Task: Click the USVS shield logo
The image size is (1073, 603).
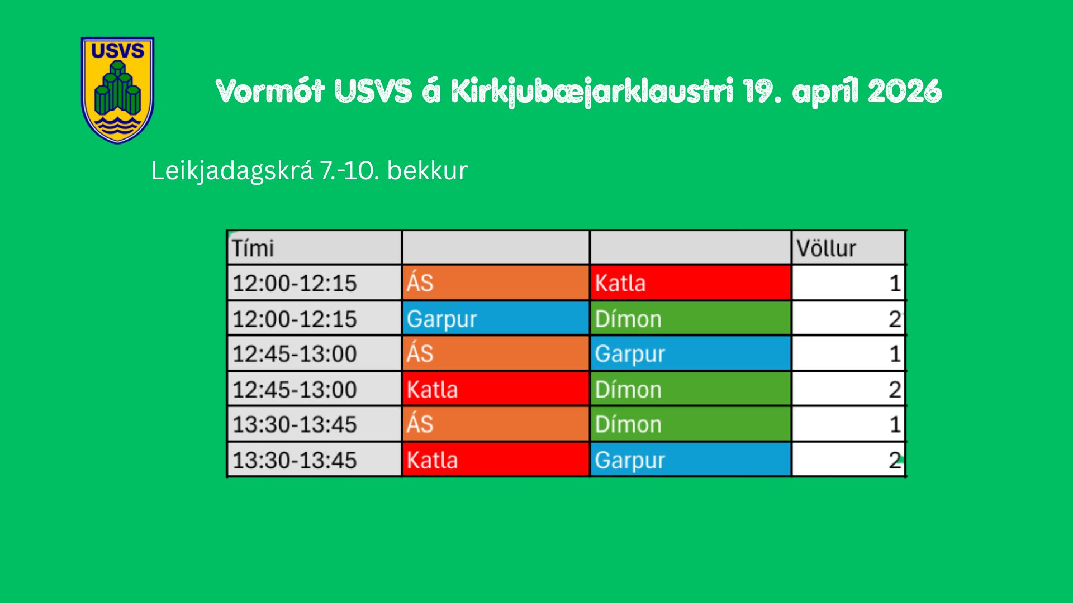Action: [x=117, y=90]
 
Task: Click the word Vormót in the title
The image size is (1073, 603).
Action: [x=270, y=91]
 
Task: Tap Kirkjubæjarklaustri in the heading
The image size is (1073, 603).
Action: [x=592, y=92]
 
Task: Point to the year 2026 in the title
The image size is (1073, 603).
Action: [x=905, y=91]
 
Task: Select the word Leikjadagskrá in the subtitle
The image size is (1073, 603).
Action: [x=232, y=170]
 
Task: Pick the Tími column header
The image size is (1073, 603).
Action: [x=315, y=247]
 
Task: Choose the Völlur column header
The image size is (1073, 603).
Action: [x=848, y=247]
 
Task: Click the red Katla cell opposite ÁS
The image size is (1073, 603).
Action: [x=690, y=283]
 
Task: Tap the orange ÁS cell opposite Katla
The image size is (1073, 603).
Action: [x=496, y=283]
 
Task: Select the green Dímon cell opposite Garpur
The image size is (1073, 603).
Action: [x=690, y=318]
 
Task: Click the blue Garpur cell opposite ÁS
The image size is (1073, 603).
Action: [x=690, y=353]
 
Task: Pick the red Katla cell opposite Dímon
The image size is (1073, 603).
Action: [x=496, y=389]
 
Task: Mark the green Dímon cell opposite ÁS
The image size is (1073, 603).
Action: [x=690, y=424]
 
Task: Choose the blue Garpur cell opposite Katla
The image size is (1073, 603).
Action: [x=690, y=460]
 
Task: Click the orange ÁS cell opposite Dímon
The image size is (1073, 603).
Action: [x=496, y=424]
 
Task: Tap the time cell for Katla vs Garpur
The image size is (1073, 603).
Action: [x=315, y=460]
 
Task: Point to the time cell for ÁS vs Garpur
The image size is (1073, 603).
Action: [x=315, y=353]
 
